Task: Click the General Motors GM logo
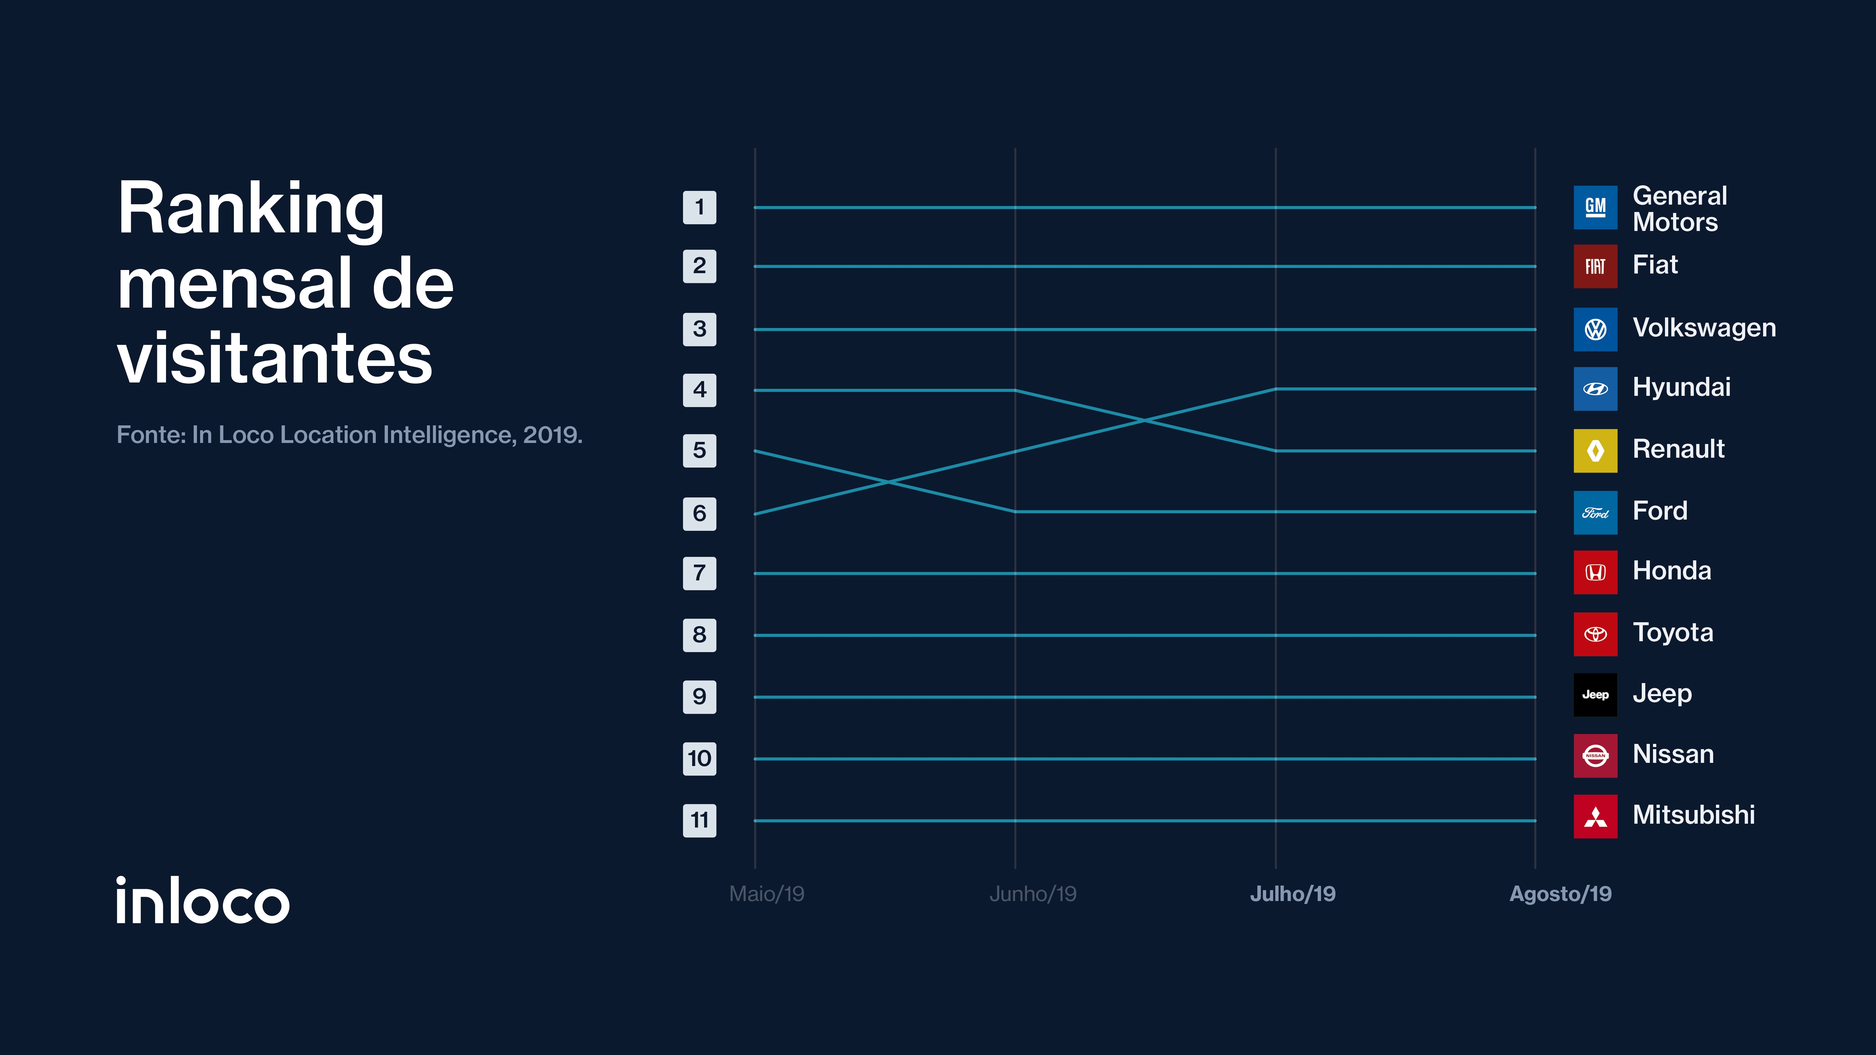click(x=1595, y=207)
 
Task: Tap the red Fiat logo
click(x=1595, y=266)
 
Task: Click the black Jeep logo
click(x=1595, y=695)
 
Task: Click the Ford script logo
click(x=1595, y=513)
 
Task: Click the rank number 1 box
click(x=699, y=207)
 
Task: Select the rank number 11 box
click(x=699, y=821)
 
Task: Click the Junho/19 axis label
click(x=1033, y=894)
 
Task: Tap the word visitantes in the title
click(x=275, y=358)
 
